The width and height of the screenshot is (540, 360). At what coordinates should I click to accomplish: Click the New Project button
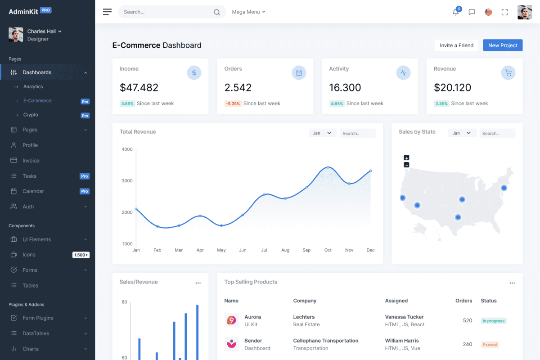click(x=503, y=45)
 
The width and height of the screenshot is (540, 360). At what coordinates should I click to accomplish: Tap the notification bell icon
click(x=456, y=12)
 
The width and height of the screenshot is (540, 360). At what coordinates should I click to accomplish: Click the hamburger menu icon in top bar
click(x=107, y=12)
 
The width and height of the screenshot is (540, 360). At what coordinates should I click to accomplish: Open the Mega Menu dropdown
click(x=248, y=12)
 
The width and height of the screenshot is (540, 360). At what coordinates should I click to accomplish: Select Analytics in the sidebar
click(x=33, y=86)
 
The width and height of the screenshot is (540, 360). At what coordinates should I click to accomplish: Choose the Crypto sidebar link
click(x=31, y=115)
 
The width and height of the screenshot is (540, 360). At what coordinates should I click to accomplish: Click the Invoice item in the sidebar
click(x=31, y=161)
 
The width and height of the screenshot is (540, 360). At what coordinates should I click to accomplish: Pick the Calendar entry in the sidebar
click(x=33, y=191)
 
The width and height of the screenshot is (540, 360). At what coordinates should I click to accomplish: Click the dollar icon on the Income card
click(x=194, y=72)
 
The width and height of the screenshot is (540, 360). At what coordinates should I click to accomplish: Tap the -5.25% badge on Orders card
click(x=233, y=103)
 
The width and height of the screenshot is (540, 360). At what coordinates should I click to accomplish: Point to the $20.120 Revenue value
click(x=452, y=87)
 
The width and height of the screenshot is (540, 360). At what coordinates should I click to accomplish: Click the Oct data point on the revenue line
click(x=328, y=167)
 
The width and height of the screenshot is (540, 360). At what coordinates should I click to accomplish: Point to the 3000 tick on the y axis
click(x=127, y=181)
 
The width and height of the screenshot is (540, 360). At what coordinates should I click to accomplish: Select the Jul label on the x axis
click(x=264, y=250)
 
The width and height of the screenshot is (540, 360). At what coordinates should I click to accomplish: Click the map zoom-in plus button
click(x=406, y=157)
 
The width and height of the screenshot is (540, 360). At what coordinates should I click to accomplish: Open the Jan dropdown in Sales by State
click(x=462, y=133)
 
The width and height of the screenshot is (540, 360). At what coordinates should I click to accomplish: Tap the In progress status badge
click(x=493, y=321)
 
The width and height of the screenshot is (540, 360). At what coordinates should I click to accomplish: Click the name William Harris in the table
click(x=402, y=341)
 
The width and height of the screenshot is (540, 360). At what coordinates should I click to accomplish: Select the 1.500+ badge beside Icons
click(x=81, y=255)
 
